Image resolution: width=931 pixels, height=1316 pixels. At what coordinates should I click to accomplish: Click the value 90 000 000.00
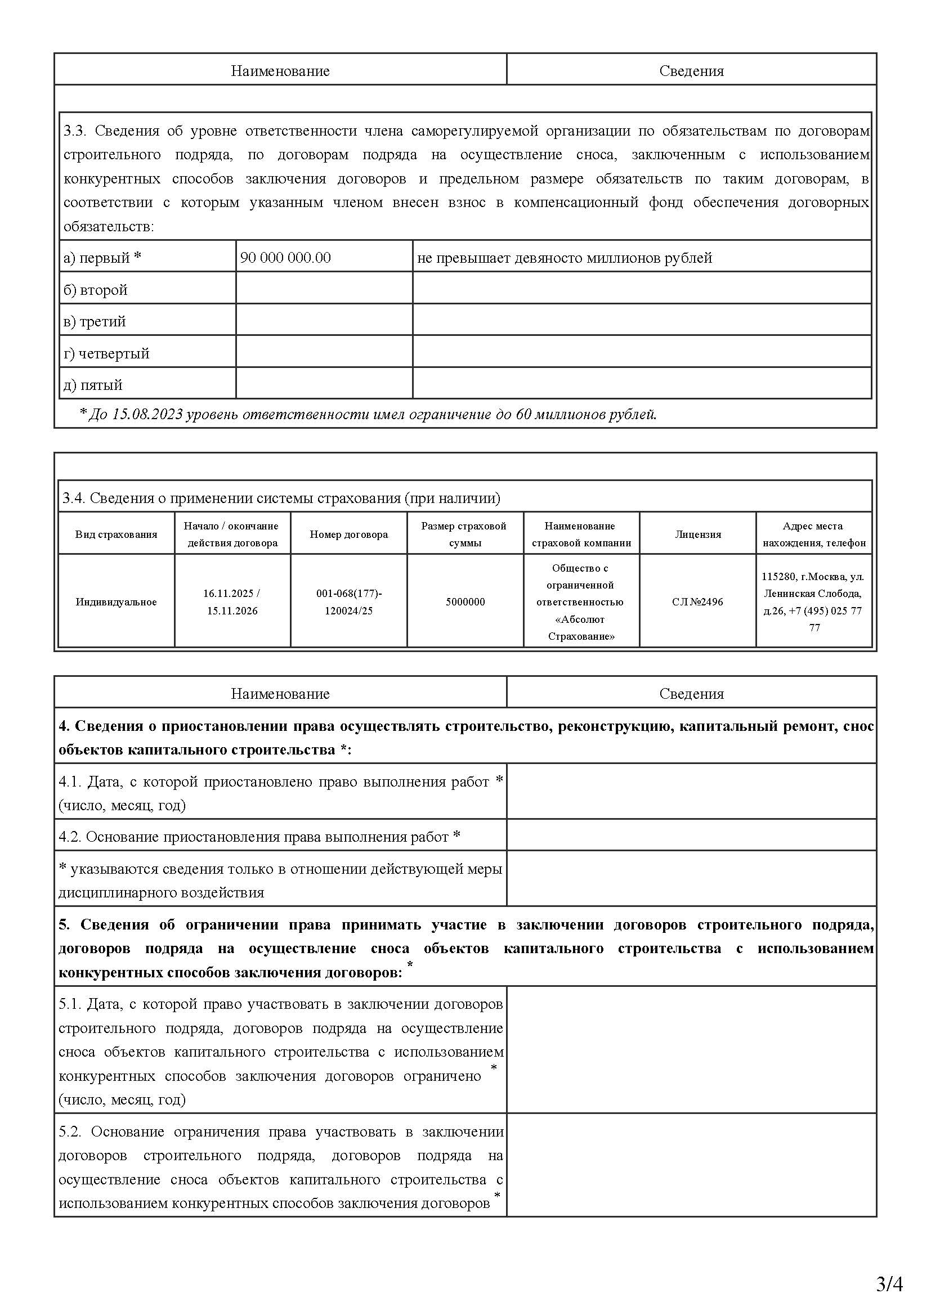(x=285, y=258)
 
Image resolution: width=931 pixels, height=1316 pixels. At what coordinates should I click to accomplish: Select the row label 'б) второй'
(x=95, y=290)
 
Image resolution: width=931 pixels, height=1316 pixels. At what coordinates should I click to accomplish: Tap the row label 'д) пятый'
(x=93, y=385)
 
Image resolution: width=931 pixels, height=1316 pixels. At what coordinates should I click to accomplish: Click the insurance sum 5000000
(x=465, y=602)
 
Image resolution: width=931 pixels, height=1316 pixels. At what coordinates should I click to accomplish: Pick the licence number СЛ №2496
(x=697, y=602)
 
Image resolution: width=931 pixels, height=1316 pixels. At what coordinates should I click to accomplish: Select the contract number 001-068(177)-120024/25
(x=348, y=602)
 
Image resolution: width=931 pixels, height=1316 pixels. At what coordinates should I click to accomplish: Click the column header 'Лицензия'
(x=697, y=534)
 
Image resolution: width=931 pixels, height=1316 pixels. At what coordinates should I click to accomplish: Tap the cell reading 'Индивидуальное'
(x=116, y=602)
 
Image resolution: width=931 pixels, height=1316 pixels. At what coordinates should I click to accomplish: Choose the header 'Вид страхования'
(x=116, y=534)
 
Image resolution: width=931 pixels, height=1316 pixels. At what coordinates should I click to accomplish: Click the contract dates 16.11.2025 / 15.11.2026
(x=232, y=602)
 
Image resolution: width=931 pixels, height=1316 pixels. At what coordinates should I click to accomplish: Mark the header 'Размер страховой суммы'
(x=464, y=534)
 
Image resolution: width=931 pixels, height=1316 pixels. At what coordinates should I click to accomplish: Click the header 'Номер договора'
(x=348, y=534)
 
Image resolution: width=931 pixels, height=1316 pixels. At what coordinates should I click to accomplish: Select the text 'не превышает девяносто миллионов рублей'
(x=564, y=258)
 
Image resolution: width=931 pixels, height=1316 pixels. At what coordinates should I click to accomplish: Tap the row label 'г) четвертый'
(x=106, y=354)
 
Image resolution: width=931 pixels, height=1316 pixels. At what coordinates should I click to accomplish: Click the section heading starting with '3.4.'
(x=281, y=498)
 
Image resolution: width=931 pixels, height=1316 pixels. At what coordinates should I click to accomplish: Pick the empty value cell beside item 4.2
(x=691, y=837)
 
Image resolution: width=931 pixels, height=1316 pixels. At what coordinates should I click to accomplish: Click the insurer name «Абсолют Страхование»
(x=581, y=628)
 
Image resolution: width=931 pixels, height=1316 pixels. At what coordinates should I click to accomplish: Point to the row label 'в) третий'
(x=95, y=322)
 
